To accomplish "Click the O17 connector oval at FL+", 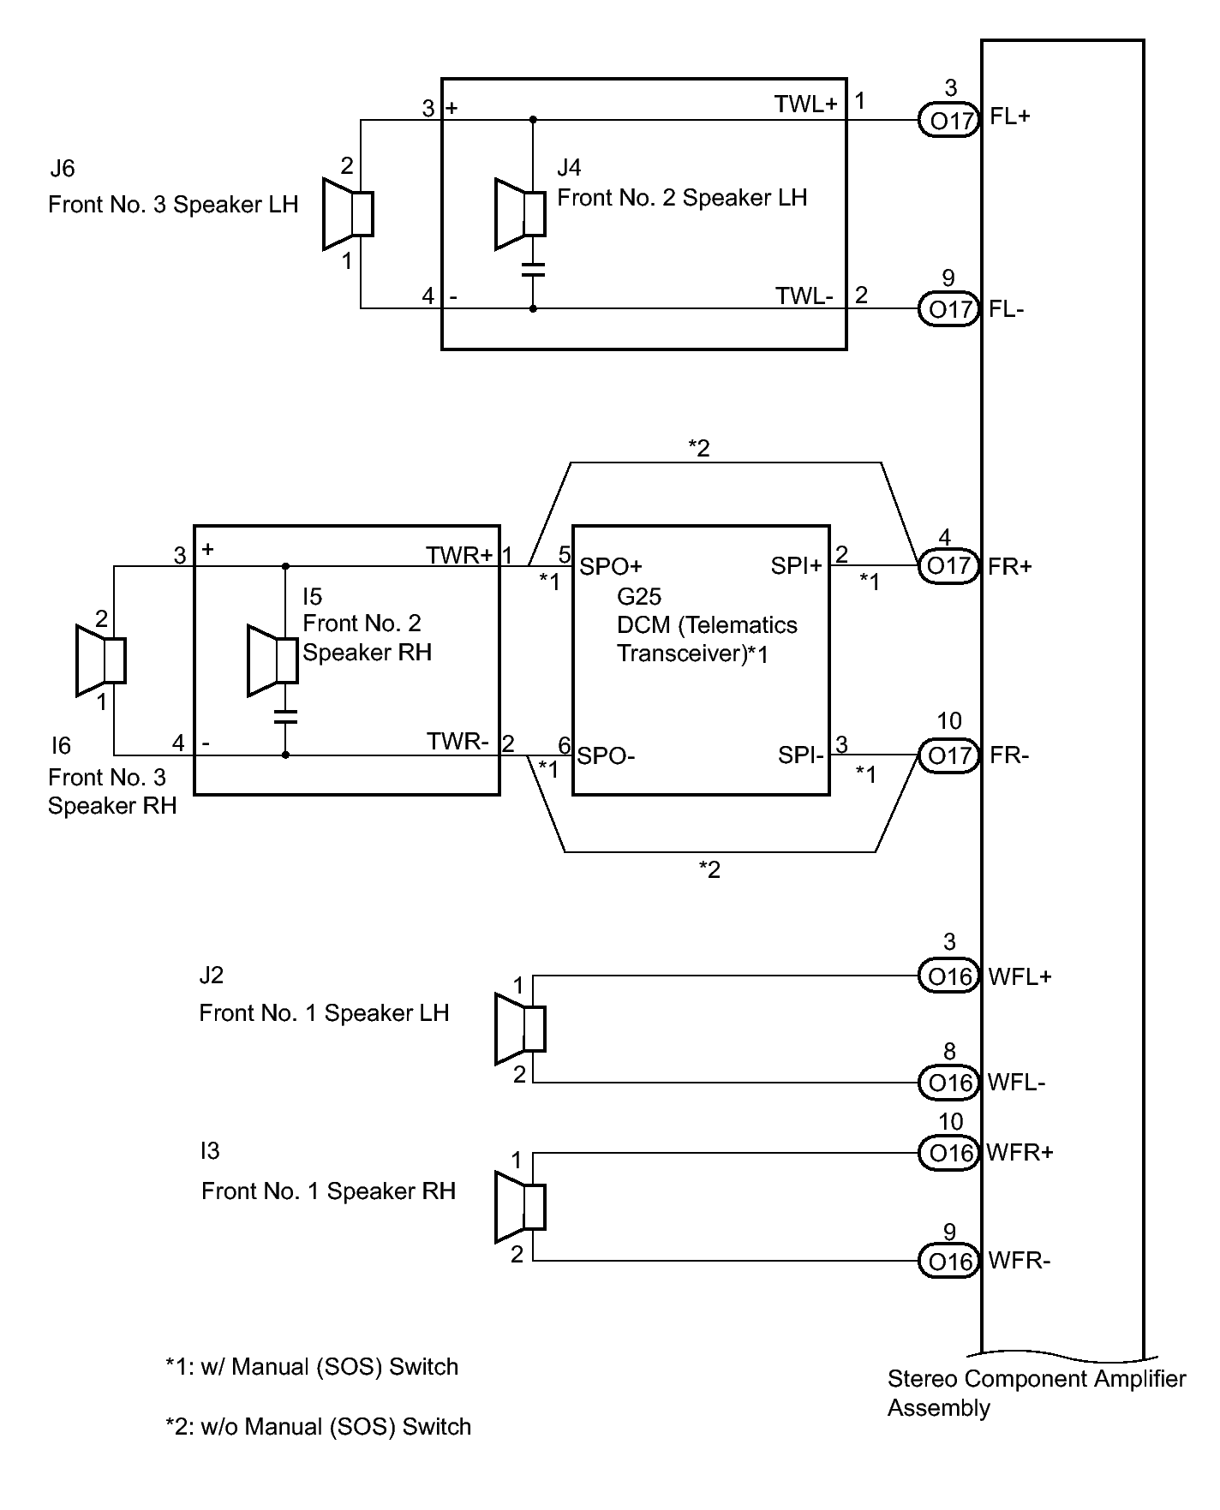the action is tap(948, 120).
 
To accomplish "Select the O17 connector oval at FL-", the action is tap(948, 308).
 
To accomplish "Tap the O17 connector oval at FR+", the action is tap(948, 566).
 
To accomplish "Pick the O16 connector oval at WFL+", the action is tap(948, 976).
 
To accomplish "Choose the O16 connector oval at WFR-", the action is tap(948, 1261).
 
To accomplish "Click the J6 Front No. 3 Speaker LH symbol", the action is tap(348, 213).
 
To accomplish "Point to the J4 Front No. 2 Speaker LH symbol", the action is tap(520, 213).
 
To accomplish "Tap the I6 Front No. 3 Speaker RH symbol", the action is tap(101, 660).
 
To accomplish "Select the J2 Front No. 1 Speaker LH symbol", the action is tap(520, 1029).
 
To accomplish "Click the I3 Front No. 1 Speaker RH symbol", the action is tap(520, 1206).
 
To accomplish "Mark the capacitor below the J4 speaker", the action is tap(533, 270).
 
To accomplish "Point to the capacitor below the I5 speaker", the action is tap(285, 716).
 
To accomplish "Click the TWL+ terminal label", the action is tap(806, 104).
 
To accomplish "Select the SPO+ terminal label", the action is tap(611, 566).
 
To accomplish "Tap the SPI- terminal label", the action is tap(801, 755).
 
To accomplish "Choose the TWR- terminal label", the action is tap(458, 742).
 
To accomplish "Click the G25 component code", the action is tap(639, 596).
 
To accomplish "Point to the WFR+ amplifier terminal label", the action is tap(1020, 1152).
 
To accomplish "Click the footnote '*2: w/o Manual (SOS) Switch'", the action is tap(318, 1427).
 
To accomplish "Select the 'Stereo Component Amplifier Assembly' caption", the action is tap(1037, 1394).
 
